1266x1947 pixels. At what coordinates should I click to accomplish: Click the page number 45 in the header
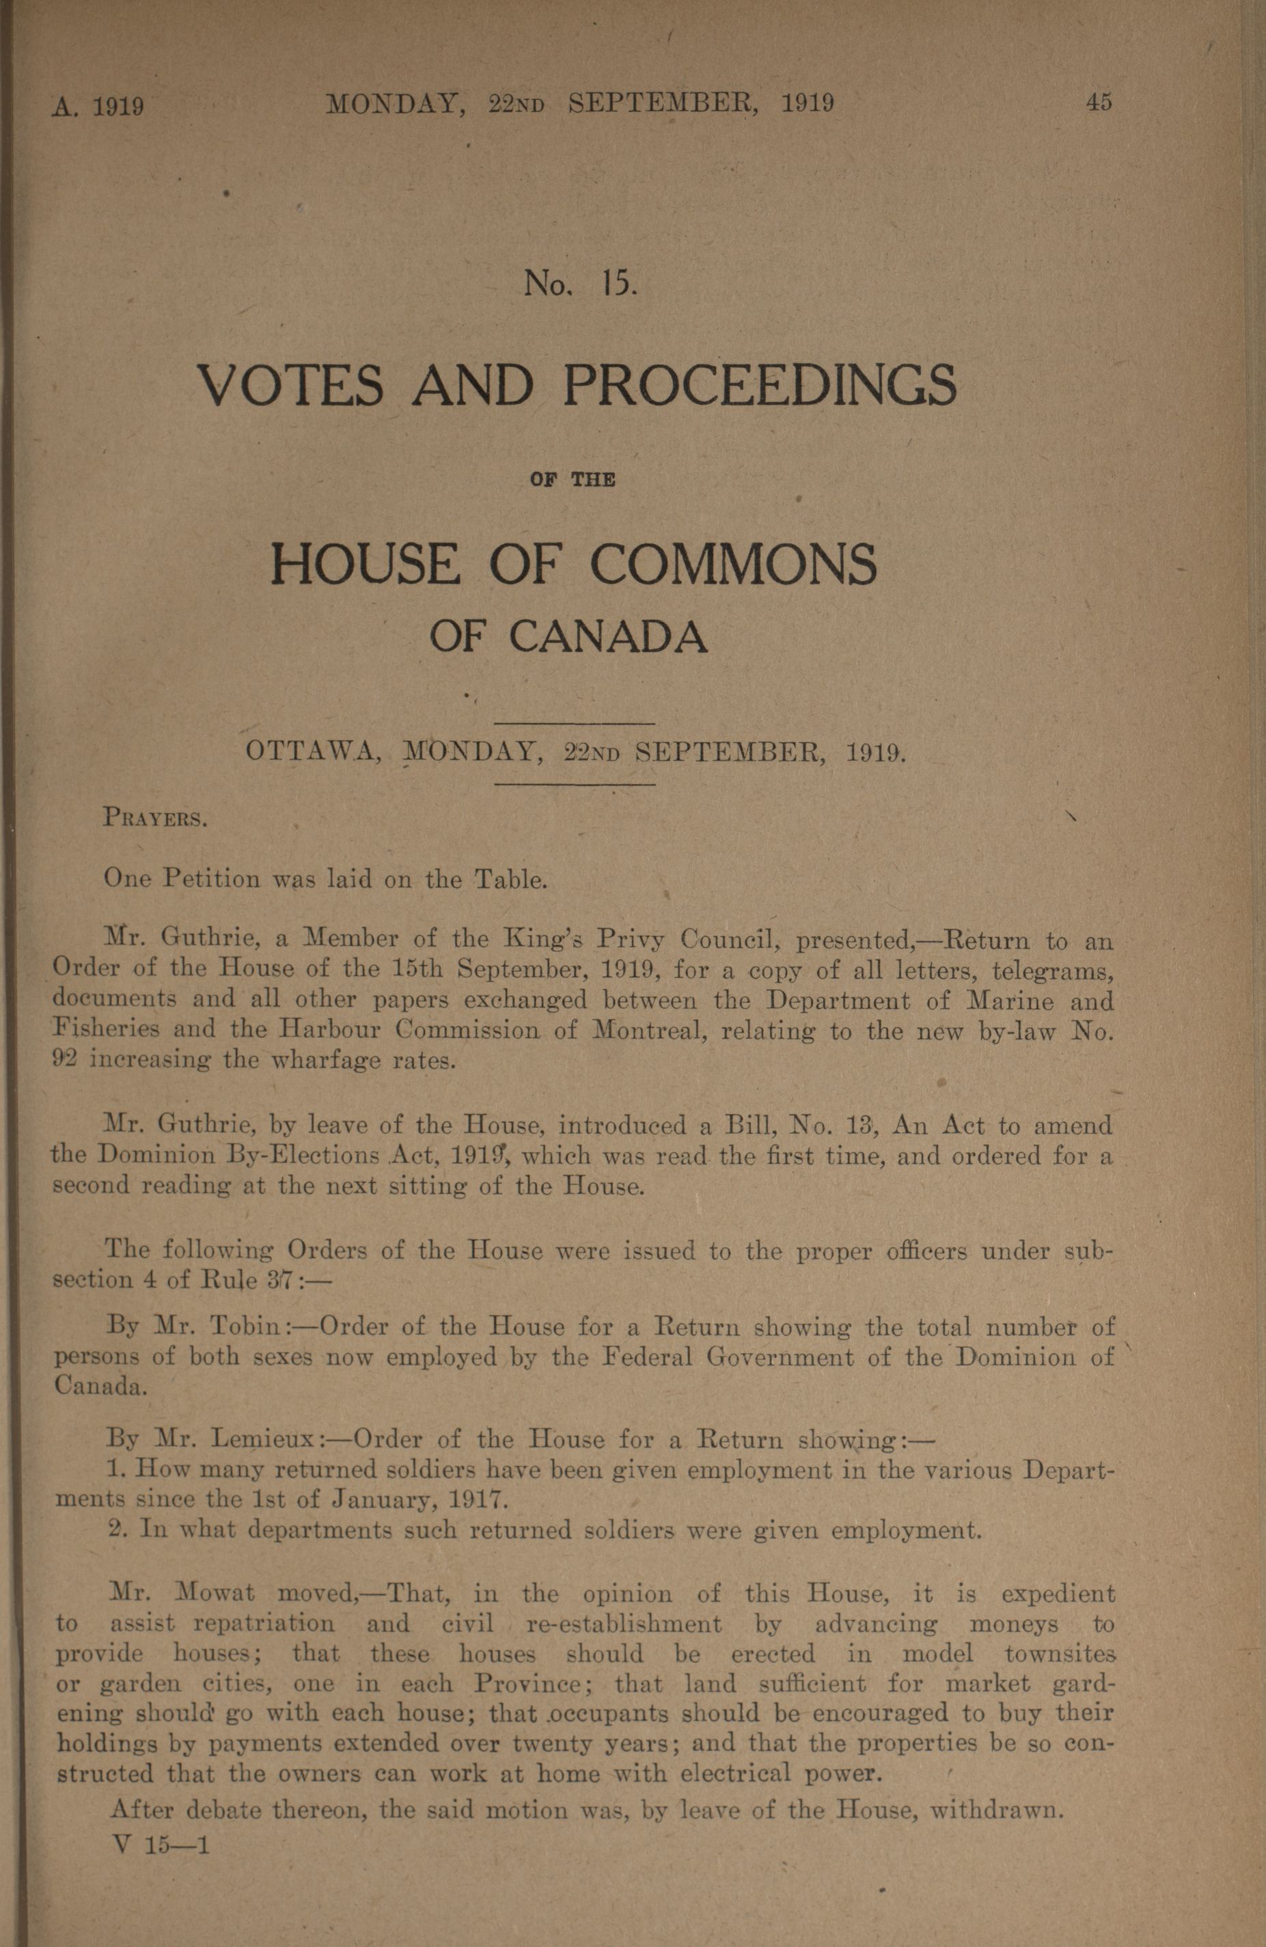click(1099, 103)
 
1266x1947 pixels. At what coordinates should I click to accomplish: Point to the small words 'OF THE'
click(573, 480)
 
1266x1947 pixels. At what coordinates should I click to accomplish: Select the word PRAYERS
click(155, 818)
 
